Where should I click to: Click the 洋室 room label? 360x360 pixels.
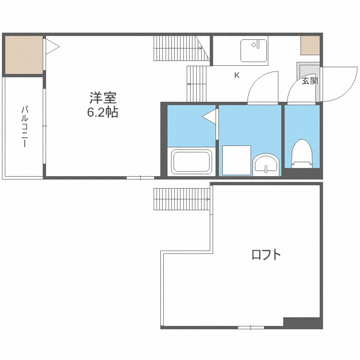point(103,98)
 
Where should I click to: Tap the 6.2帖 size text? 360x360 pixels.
point(103,112)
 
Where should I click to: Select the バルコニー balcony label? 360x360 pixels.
point(24,126)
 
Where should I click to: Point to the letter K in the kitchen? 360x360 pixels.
point(237,75)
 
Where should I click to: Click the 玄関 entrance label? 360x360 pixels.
point(310,81)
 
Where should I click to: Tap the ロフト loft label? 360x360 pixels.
point(266,254)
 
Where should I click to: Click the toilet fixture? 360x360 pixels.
point(302,154)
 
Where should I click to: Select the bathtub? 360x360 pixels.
point(192,162)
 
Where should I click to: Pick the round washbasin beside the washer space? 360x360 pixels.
point(266,165)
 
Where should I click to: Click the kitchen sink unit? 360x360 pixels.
point(254,50)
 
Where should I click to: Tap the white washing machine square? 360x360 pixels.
point(237,160)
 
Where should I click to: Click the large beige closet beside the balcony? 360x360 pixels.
point(24,55)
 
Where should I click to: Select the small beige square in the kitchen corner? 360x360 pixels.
point(310,45)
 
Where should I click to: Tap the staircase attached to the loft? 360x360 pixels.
point(182,199)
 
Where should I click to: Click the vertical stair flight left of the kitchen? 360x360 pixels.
point(197,84)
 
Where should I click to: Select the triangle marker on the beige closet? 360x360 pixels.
point(52,47)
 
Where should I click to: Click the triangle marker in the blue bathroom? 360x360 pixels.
point(209,117)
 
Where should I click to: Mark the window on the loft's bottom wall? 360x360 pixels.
point(251,327)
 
